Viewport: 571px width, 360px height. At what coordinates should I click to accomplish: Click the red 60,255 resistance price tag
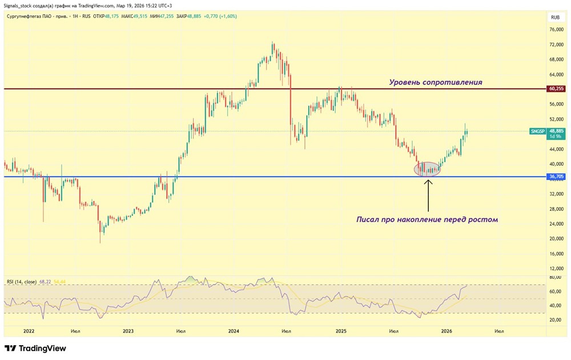pyautogui.click(x=556, y=89)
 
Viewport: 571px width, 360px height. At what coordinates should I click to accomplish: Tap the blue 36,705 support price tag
pyautogui.click(x=556, y=177)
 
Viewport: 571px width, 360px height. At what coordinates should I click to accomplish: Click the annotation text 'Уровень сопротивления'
pyautogui.click(x=436, y=82)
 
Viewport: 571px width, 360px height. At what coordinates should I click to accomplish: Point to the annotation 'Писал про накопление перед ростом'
pyautogui.click(x=427, y=219)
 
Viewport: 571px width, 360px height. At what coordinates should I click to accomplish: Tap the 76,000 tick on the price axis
pyautogui.click(x=556, y=30)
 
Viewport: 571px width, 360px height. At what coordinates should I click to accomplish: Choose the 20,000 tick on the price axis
pyautogui.click(x=556, y=239)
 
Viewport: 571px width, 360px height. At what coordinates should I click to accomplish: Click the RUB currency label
pyautogui.click(x=556, y=18)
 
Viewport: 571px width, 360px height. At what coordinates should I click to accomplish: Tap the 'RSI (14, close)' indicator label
pyautogui.click(x=22, y=282)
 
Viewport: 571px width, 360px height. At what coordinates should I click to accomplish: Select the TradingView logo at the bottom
pyautogui.click(x=35, y=348)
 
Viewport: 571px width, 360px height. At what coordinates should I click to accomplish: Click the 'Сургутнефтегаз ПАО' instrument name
pyautogui.click(x=29, y=16)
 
